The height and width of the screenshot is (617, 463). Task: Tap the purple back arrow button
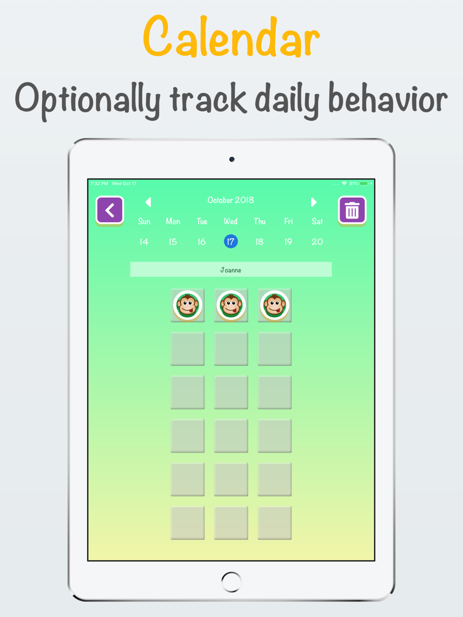tap(110, 210)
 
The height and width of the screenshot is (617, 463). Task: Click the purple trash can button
tap(352, 210)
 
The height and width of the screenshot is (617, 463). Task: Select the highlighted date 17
tap(231, 242)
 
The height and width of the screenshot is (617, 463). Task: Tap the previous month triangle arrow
tap(148, 202)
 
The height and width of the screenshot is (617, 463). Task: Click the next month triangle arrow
tap(314, 202)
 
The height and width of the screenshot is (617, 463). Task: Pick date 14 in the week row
tap(144, 242)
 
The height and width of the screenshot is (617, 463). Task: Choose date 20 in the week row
tap(317, 242)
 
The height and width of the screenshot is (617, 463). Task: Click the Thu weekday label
tap(259, 222)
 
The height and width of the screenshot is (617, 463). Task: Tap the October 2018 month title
tap(231, 200)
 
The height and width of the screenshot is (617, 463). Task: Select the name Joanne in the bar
tap(231, 270)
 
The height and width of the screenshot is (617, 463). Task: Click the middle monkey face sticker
tap(231, 305)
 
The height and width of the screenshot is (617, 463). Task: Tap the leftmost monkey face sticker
tap(188, 305)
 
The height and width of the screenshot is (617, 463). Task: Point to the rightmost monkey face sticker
tap(275, 305)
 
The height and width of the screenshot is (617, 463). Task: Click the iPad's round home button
tap(231, 582)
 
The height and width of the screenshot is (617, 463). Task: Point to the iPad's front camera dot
tap(231, 159)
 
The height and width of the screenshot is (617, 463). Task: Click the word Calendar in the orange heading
tap(231, 37)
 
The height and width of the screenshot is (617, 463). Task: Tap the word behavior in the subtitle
tap(388, 97)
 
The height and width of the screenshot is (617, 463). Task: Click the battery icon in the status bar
tap(364, 184)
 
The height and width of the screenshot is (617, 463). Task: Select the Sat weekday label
tap(317, 222)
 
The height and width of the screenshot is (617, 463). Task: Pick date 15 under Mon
tap(173, 242)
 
